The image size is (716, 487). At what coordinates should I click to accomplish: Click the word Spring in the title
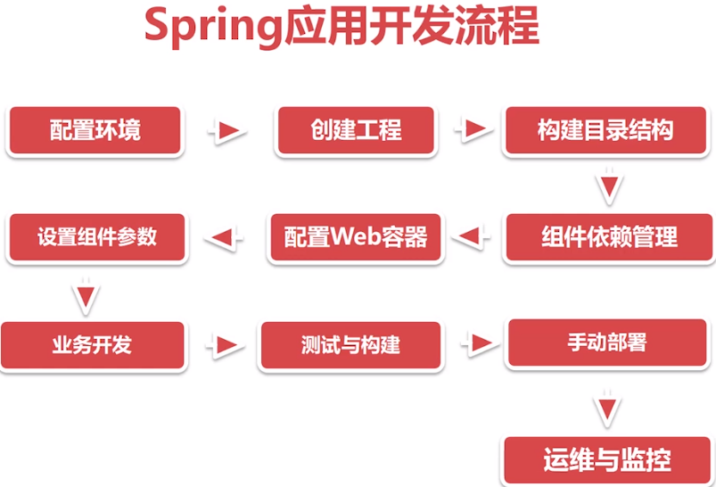click(x=212, y=26)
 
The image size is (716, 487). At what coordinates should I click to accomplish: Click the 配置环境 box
click(x=95, y=130)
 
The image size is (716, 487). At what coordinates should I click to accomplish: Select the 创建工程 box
click(x=356, y=130)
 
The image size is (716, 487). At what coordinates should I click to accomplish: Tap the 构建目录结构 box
click(x=605, y=130)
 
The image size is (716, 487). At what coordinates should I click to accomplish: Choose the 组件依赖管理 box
click(x=609, y=237)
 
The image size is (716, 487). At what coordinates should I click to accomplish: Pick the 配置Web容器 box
click(x=356, y=237)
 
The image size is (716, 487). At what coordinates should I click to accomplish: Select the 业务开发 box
click(x=92, y=344)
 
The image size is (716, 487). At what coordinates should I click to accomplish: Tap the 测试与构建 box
click(x=350, y=345)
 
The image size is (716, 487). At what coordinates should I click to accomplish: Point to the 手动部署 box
click(x=607, y=343)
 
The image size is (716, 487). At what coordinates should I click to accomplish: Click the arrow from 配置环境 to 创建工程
click(x=228, y=131)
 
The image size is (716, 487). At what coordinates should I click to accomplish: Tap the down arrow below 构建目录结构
click(x=608, y=187)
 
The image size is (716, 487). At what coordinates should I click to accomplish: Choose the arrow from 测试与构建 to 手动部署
click(x=477, y=343)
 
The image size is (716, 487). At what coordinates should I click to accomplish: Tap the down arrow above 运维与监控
click(x=608, y=406)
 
